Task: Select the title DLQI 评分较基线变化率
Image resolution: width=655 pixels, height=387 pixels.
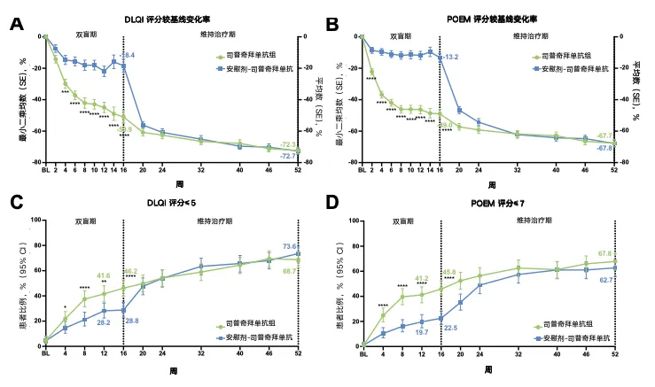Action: pos(170,19)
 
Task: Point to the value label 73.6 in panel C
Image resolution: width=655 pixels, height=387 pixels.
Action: pos(291,246)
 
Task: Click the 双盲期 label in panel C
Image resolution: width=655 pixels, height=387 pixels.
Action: pos(84,222)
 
